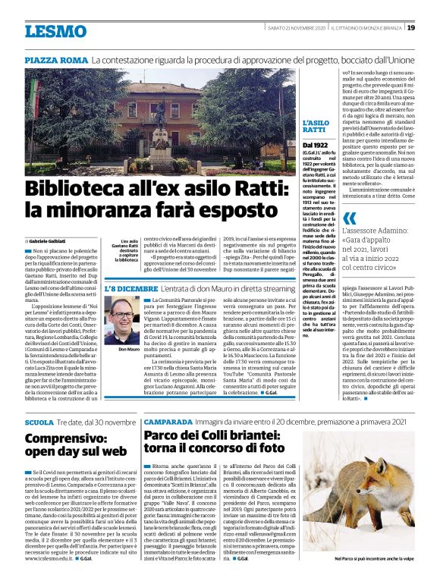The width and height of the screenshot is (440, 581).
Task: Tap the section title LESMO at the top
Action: point(55,31)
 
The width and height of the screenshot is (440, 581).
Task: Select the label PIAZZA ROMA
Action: point(56,60)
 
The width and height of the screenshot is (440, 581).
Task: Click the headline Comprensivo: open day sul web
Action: point(76,445)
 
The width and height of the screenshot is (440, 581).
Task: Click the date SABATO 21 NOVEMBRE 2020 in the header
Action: point(294,28)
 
